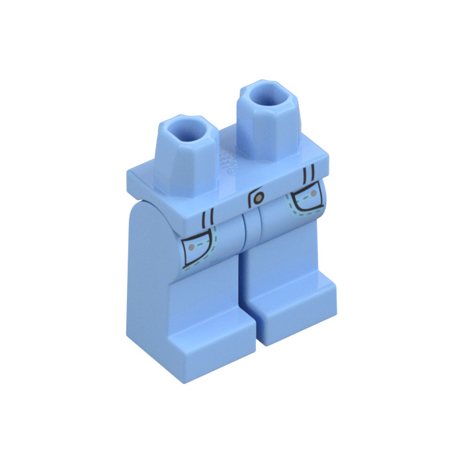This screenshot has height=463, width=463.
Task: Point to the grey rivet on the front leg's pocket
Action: point(192,247)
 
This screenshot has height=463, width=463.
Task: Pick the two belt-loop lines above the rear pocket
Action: point(308,175)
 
